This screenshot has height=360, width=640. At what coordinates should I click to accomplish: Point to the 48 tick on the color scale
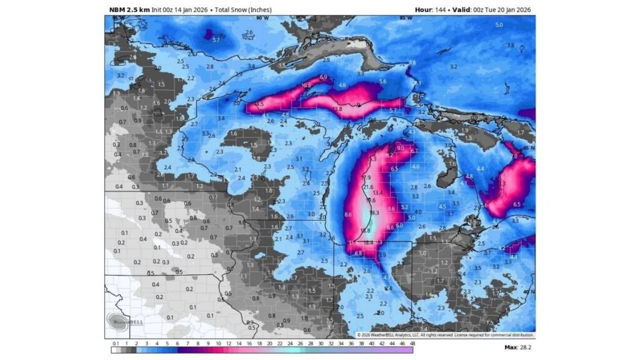pyautogui.click(x=412, y=342)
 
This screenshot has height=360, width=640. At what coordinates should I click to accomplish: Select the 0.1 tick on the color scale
pyautogui.click(x=116, y=342)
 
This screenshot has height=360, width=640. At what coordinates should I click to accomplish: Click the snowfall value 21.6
pyautogui.click(x=368, y=187)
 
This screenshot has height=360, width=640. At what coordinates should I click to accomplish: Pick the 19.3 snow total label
pyautogui.click(x=374, y=213)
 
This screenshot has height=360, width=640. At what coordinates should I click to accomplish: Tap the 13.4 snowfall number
pyautogui.click(x=377, y=193)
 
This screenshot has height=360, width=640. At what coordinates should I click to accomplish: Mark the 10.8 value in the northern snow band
pyautogui.click(x=306, y=85)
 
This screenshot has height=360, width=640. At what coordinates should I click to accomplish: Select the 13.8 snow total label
pyautogui.click(x=338, y=109)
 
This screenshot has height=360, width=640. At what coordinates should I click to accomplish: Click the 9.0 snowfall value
pyautogui.click(x=401, y=147)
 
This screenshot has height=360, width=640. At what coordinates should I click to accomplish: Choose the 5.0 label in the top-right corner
pyautogui.click(x=499, y=24)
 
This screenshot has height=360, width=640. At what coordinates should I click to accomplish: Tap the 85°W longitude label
pyautogui.click(x=406, y=18)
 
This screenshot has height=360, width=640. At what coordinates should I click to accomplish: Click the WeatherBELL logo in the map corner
pyautogui.click(x=119, y=321)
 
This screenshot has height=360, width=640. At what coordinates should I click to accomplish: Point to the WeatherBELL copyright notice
pyautogui.click(x=445, y=335)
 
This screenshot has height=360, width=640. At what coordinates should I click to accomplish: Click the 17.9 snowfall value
pyautogui.click(x=366, y=177)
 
